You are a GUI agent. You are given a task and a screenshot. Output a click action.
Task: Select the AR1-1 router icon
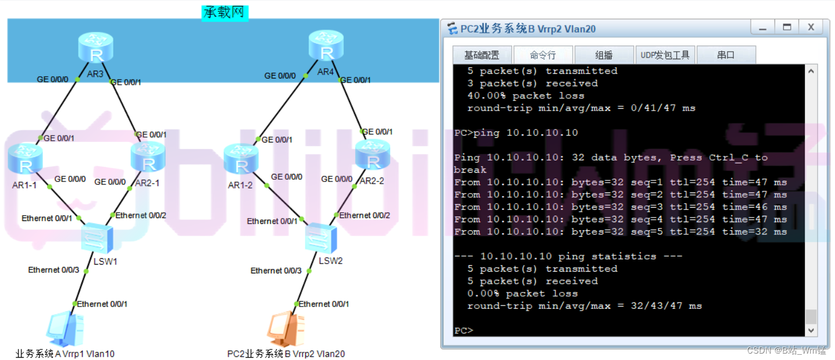(26, 159)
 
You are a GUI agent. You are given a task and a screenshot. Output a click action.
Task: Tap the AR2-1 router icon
(149, 157)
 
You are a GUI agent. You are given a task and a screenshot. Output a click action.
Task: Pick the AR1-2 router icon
(240, 161)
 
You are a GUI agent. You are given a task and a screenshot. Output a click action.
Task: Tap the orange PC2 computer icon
(286, 329)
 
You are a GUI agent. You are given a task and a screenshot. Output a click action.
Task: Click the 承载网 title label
(224, 13)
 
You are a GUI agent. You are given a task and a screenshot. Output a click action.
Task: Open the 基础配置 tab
(481, 55)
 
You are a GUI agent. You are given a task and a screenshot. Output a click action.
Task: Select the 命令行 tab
(543, 55)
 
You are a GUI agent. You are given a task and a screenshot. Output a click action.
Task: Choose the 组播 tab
(604, 55)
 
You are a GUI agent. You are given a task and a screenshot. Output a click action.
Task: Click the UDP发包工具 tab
(665, 55)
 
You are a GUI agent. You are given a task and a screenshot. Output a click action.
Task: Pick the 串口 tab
(726, 55)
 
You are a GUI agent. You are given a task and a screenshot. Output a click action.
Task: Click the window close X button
(811, 27)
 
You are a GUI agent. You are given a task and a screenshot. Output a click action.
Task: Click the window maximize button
(787, 27)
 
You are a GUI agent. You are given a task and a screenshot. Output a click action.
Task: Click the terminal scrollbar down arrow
(812, 330)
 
